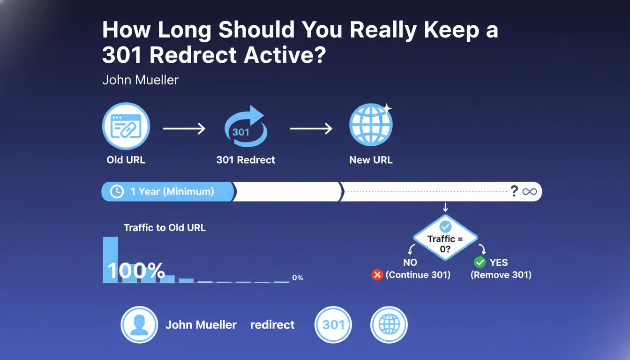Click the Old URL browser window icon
pyautogui.click(x=126, y=126)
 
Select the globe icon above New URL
pyautogui.click(x=371, y=125)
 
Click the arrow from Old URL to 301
pyautogui.click(x=184, y=128)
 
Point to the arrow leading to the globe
pyautogui.click(x=311, y=128)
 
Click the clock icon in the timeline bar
pyautogui.click(x=116, y=192)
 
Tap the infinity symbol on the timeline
pyautogui.click(x=530, y=192)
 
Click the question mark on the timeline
pyautogui.click(x=514, y=191)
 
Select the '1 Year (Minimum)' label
pyautogui.click(x=172, y=192)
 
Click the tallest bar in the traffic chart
pyautogui.click(x=111, y=259)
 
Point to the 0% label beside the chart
pyautogui.click(x=298, y=277)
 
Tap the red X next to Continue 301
pyautogui.click(x=377, y=275)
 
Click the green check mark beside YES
pyautogui.click(x=480, y=262)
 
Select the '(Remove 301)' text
pyautogui.click(x=501, y=275)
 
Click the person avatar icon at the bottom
pyautogui.click(x=139, y=324)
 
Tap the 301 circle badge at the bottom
pyautogui.click(x=333, y=324)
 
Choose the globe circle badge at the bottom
pyautogui.click(x=389, y=324)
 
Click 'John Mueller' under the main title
pyautogui.click(x=140, y=80)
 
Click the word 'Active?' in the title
pyautogui.click(x=285, y=55)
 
